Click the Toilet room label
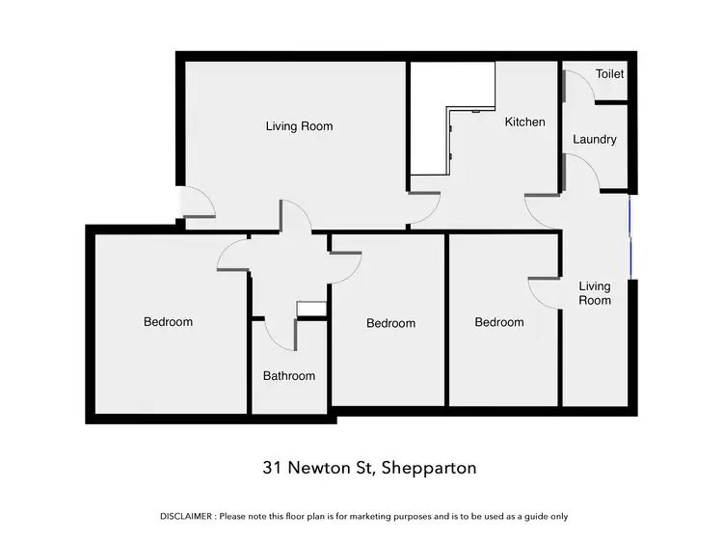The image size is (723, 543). (609, 74)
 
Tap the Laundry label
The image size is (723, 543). (594, 140)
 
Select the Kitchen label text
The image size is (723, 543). (525, 122)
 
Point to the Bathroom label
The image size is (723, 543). (289, 376)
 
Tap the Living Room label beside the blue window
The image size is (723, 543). (594, 293)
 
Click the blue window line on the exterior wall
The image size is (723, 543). (630, 236)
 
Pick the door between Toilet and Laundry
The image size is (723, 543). (578, 84)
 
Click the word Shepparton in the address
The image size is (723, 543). (429, 469)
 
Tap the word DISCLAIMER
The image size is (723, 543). (187, 517)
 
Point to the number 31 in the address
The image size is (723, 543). (273, 469)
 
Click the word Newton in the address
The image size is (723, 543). (321, 469)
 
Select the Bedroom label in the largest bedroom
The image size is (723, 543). (168, 322)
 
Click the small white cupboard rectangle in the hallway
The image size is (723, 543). (310, 310)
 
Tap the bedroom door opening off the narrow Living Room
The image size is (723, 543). (544, 292)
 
